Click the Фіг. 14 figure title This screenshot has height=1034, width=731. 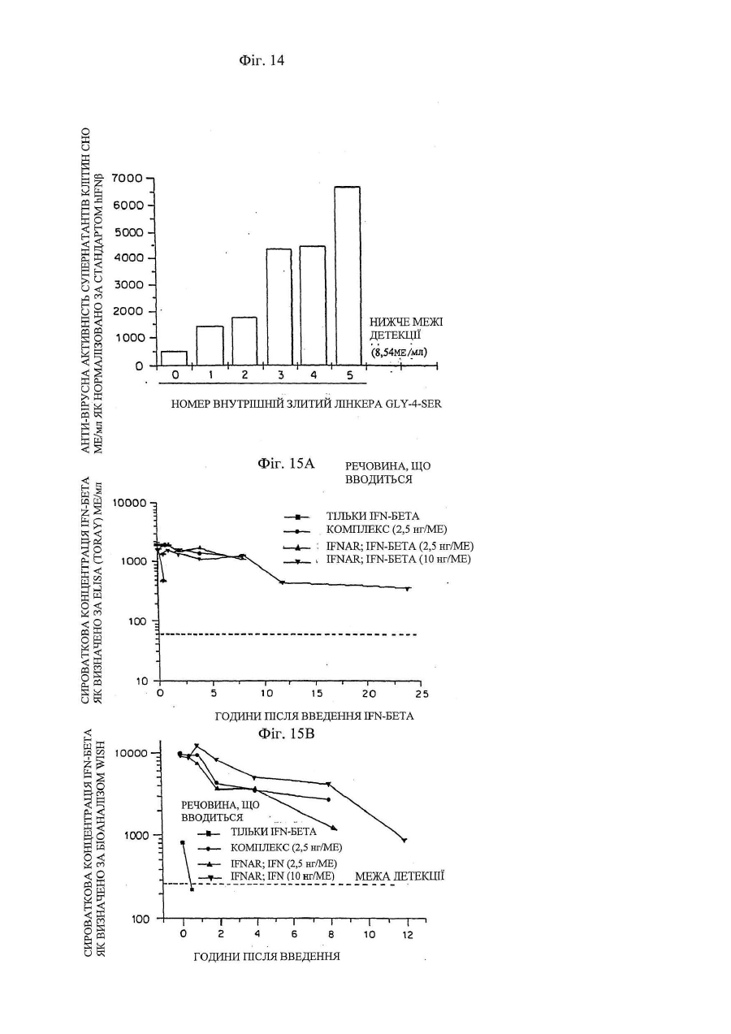[x=262, y=60]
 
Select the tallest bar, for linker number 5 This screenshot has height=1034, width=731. [x=348, y=276]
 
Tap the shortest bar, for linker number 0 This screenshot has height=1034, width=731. [x=174, y=358]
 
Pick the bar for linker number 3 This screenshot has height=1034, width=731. [x=279, y=307]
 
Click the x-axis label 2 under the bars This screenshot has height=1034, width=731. [x=244, y=374]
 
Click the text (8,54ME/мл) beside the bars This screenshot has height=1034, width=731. [x=400, y=353]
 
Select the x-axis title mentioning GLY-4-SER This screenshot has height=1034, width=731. [x=306, y=404]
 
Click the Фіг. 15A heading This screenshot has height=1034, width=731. [x=286, y=463]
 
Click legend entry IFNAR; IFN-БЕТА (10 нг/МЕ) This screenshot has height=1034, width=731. [x=398, y=560]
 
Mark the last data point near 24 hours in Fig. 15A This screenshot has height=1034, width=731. [x=408, y=589]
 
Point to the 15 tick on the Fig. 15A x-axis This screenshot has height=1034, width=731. [x=316, y=694]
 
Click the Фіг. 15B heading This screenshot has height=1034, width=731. [x=286, y=733]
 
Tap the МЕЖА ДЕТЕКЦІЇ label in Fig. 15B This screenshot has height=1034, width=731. [x=399, y=876]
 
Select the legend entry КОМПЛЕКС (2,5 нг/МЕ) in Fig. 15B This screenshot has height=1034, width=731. [x=286, y=847]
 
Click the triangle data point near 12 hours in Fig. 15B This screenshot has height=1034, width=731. [x=404, y=840]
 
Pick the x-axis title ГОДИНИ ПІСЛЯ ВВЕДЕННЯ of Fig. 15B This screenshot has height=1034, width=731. [x=266, y=956]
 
